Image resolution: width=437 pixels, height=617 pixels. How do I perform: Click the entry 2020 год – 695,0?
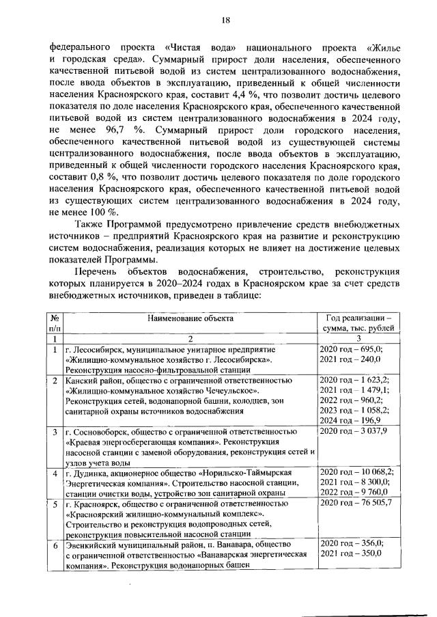pos(351,349)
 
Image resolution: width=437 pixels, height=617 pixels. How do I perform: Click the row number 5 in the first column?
pos(53,504)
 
